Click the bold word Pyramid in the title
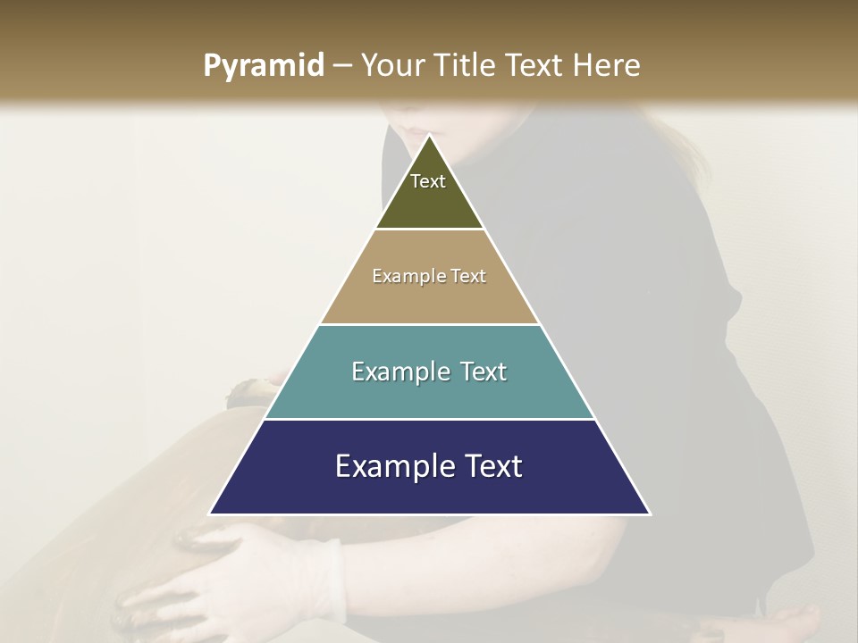(263, 66)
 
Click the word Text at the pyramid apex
(428, 181)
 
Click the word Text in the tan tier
(468, 277)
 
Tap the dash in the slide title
(342, 66)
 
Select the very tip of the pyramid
(430, 137)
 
